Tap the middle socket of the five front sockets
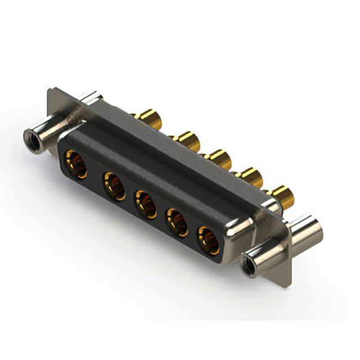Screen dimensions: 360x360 click(145, 204)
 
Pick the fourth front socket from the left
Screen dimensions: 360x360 click(177, 221)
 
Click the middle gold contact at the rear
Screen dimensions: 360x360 click(217, 158)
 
